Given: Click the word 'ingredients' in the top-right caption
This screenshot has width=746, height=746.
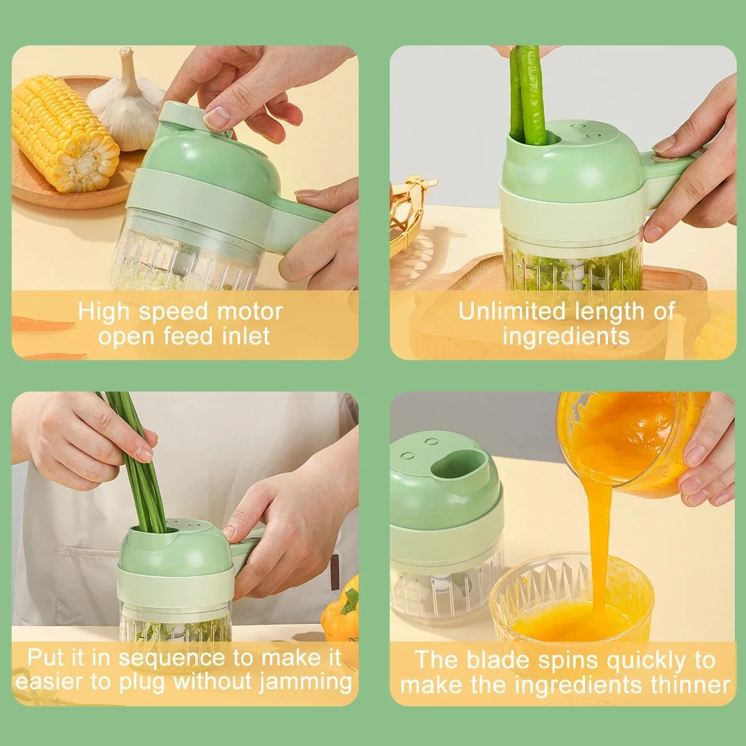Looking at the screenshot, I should (x=566, y=336).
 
